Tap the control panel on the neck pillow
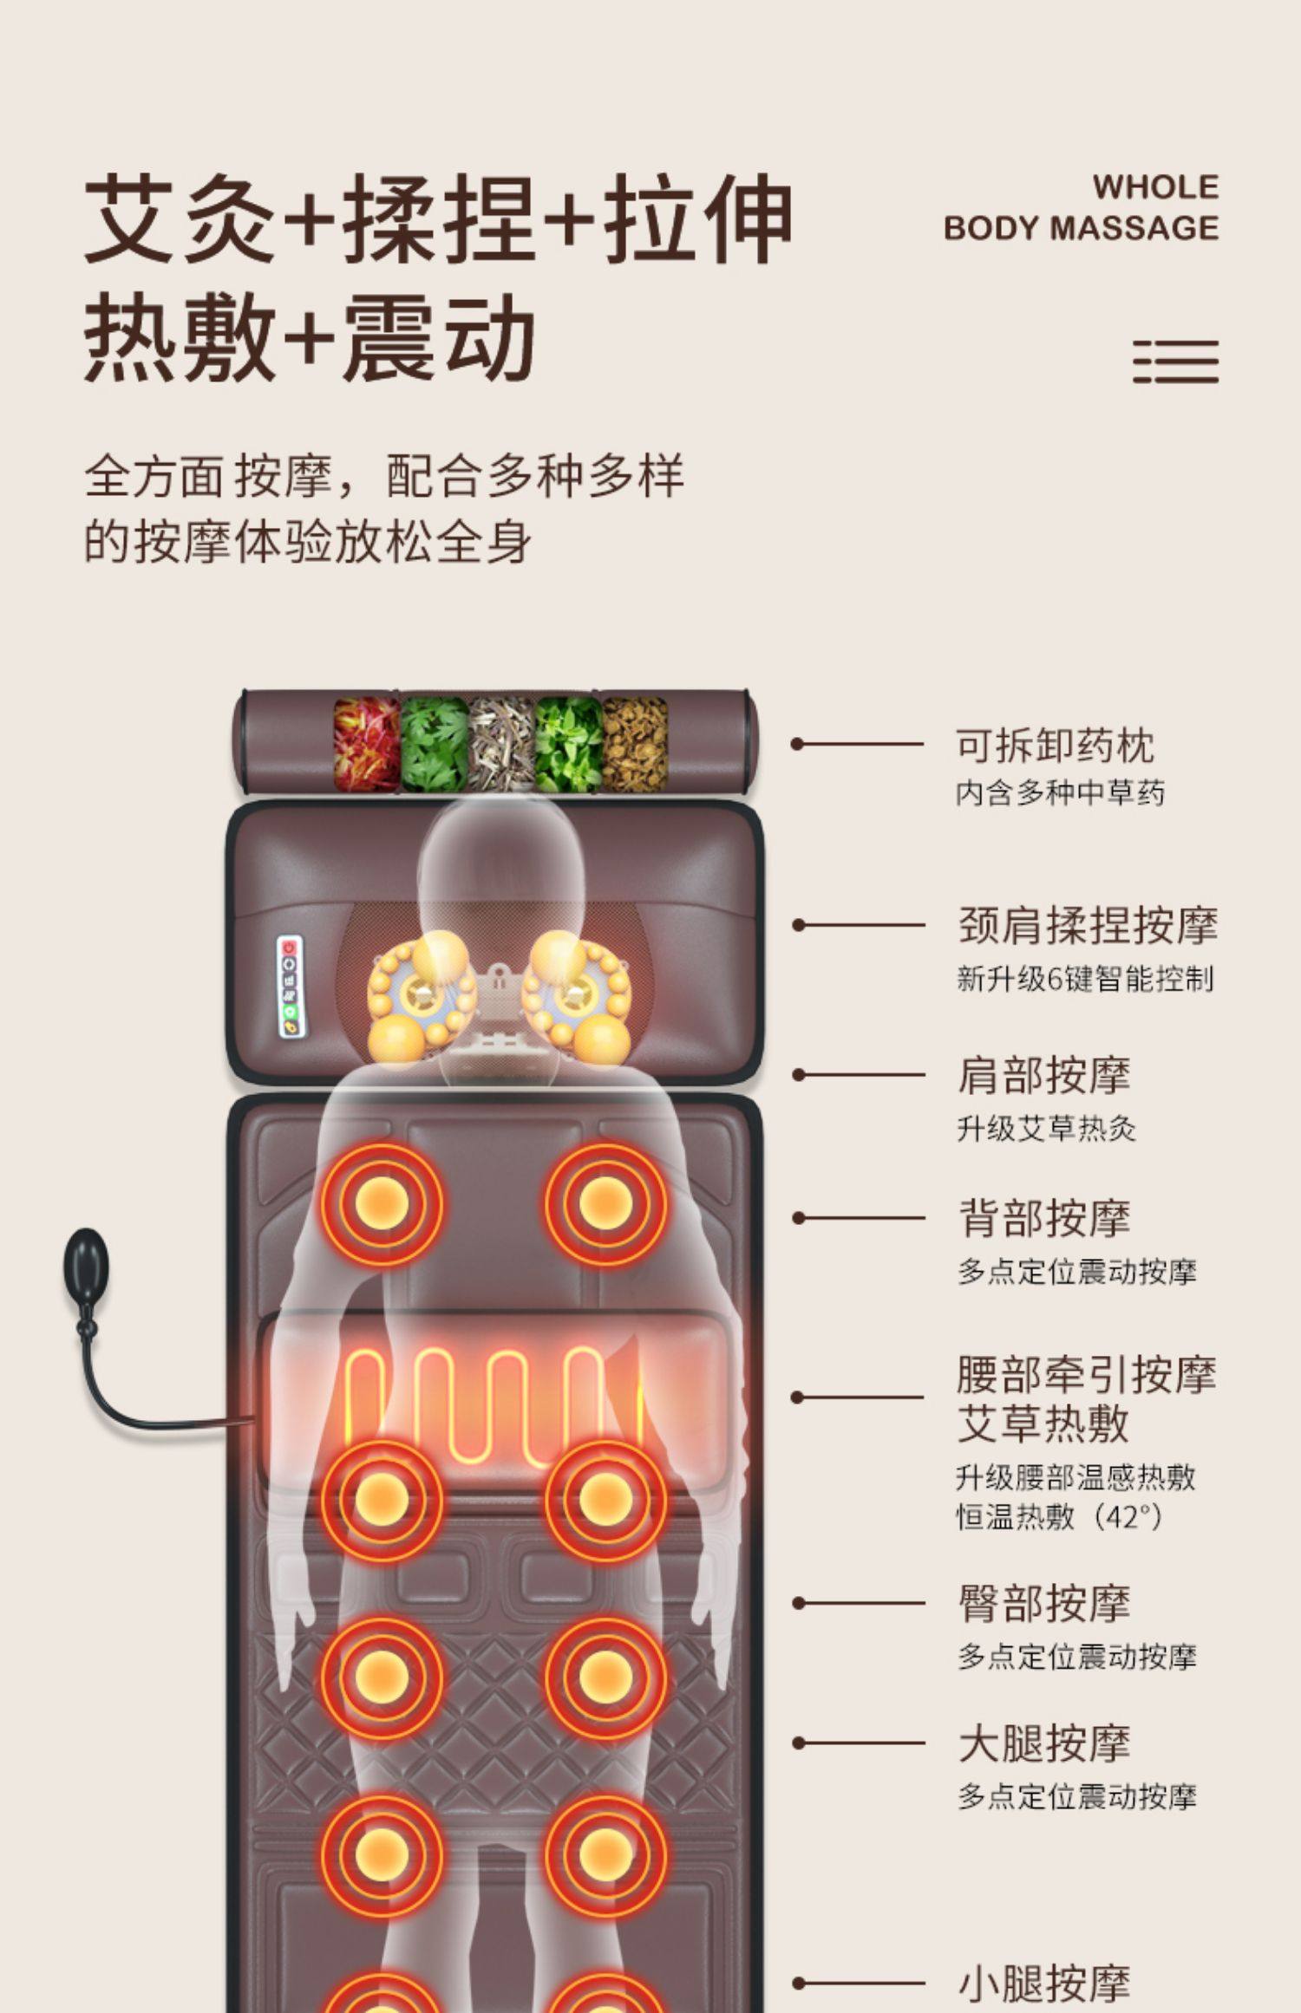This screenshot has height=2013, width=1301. tap(291, 986)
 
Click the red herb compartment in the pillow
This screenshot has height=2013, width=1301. tap(366, 743)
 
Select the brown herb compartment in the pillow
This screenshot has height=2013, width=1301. tap(635, 743)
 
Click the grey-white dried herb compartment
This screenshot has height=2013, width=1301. tap(500, 743)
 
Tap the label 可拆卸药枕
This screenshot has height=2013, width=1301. tap(1055, 746)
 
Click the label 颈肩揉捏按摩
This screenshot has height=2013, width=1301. tap(1088, 925)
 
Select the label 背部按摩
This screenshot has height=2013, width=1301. tap(1044, 1218)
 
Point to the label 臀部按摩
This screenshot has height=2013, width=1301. tap(1044, 1603)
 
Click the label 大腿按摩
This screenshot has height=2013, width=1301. tap(1044, 1743)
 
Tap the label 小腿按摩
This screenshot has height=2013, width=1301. tap(1044, 1982)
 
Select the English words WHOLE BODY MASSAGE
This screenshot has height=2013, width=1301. tap(1082, 208)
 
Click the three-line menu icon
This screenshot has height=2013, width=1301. tap(1175, 362)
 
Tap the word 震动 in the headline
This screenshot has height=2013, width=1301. tap(439, 338)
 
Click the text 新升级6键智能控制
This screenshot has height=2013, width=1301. tap(1085, 979)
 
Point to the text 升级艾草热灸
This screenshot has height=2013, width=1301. tap(1046, 1129)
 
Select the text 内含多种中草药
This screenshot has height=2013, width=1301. tap(1060, 792)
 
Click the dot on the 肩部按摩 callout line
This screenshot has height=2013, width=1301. tap(798, 1075)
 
